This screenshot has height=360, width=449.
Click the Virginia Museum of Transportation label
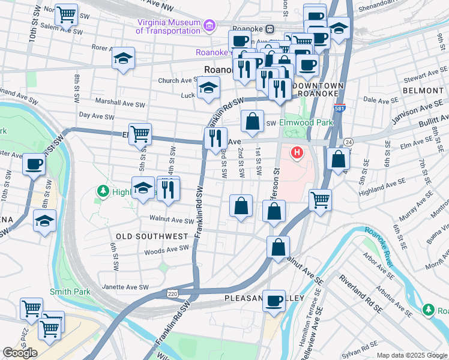click(167, 26)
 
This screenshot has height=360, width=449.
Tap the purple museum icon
click(209, 25)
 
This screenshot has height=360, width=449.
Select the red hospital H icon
click(297, 153)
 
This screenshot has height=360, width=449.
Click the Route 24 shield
click(348, 142)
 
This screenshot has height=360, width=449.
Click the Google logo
click(20, 352)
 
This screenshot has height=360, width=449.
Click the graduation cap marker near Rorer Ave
click(123, 59)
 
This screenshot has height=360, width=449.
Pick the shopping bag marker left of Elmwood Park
click(253, 121)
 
